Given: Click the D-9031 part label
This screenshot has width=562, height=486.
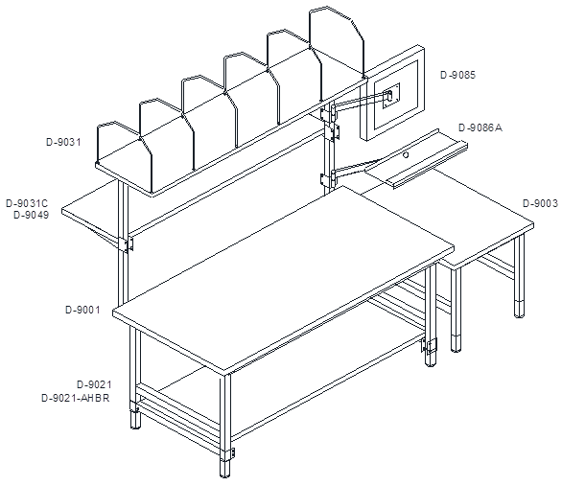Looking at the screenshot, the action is click(x=63, y=142).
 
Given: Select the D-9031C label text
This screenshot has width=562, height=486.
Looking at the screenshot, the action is click(x=27, y=203).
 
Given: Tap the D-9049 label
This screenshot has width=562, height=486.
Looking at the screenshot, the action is click(x=32, y=216).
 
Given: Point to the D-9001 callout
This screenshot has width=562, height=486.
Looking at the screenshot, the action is click(x=82, y=310).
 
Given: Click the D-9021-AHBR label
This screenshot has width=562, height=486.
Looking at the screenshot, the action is click(x=76, y=398).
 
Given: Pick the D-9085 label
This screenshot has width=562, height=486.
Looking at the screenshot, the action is click(x=457, y=75).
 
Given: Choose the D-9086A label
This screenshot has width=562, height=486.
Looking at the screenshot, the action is click(x=480, y=127).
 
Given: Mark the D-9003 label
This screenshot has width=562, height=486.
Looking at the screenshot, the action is click(x=541, y=203).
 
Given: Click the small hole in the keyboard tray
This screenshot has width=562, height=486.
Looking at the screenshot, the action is click(x=406, y=155).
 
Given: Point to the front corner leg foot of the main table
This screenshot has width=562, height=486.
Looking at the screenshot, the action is click(x=224, y=468).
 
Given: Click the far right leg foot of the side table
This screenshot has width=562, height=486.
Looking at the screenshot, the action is click(x=519, y=309).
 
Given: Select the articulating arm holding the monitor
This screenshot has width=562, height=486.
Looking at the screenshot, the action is click(x=362, y=101).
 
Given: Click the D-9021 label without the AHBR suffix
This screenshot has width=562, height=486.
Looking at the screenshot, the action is click(x=94, y=384).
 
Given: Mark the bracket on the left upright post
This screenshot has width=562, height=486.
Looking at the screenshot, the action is click(x=128, y=243).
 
